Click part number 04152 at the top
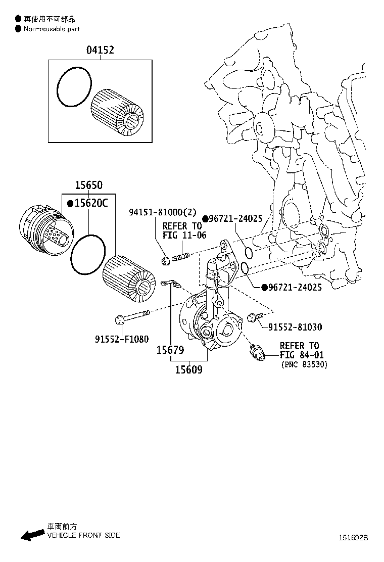[100, 50]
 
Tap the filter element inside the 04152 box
[118, 112]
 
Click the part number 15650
[88, 185]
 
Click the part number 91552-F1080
[121, 339]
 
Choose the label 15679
[170, 350]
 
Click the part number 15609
[188, 369]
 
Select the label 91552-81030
[295, 327]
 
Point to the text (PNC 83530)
[304, 364]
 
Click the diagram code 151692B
[354, 538]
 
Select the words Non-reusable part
[51, 29]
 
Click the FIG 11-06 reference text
[184, 235]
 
